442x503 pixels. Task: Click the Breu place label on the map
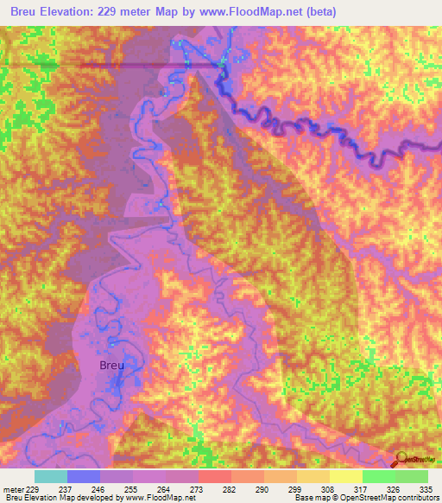coord(112,366)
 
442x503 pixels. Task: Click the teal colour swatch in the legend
coord(51,476)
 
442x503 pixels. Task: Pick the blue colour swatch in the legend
coord(84,476)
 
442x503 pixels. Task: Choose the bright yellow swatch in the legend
coord(346,476)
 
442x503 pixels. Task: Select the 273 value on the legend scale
coord(198,488)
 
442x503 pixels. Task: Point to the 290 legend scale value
coord(263,488)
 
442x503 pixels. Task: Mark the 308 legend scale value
coord(329,488)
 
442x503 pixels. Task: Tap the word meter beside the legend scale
coord(16,488)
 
